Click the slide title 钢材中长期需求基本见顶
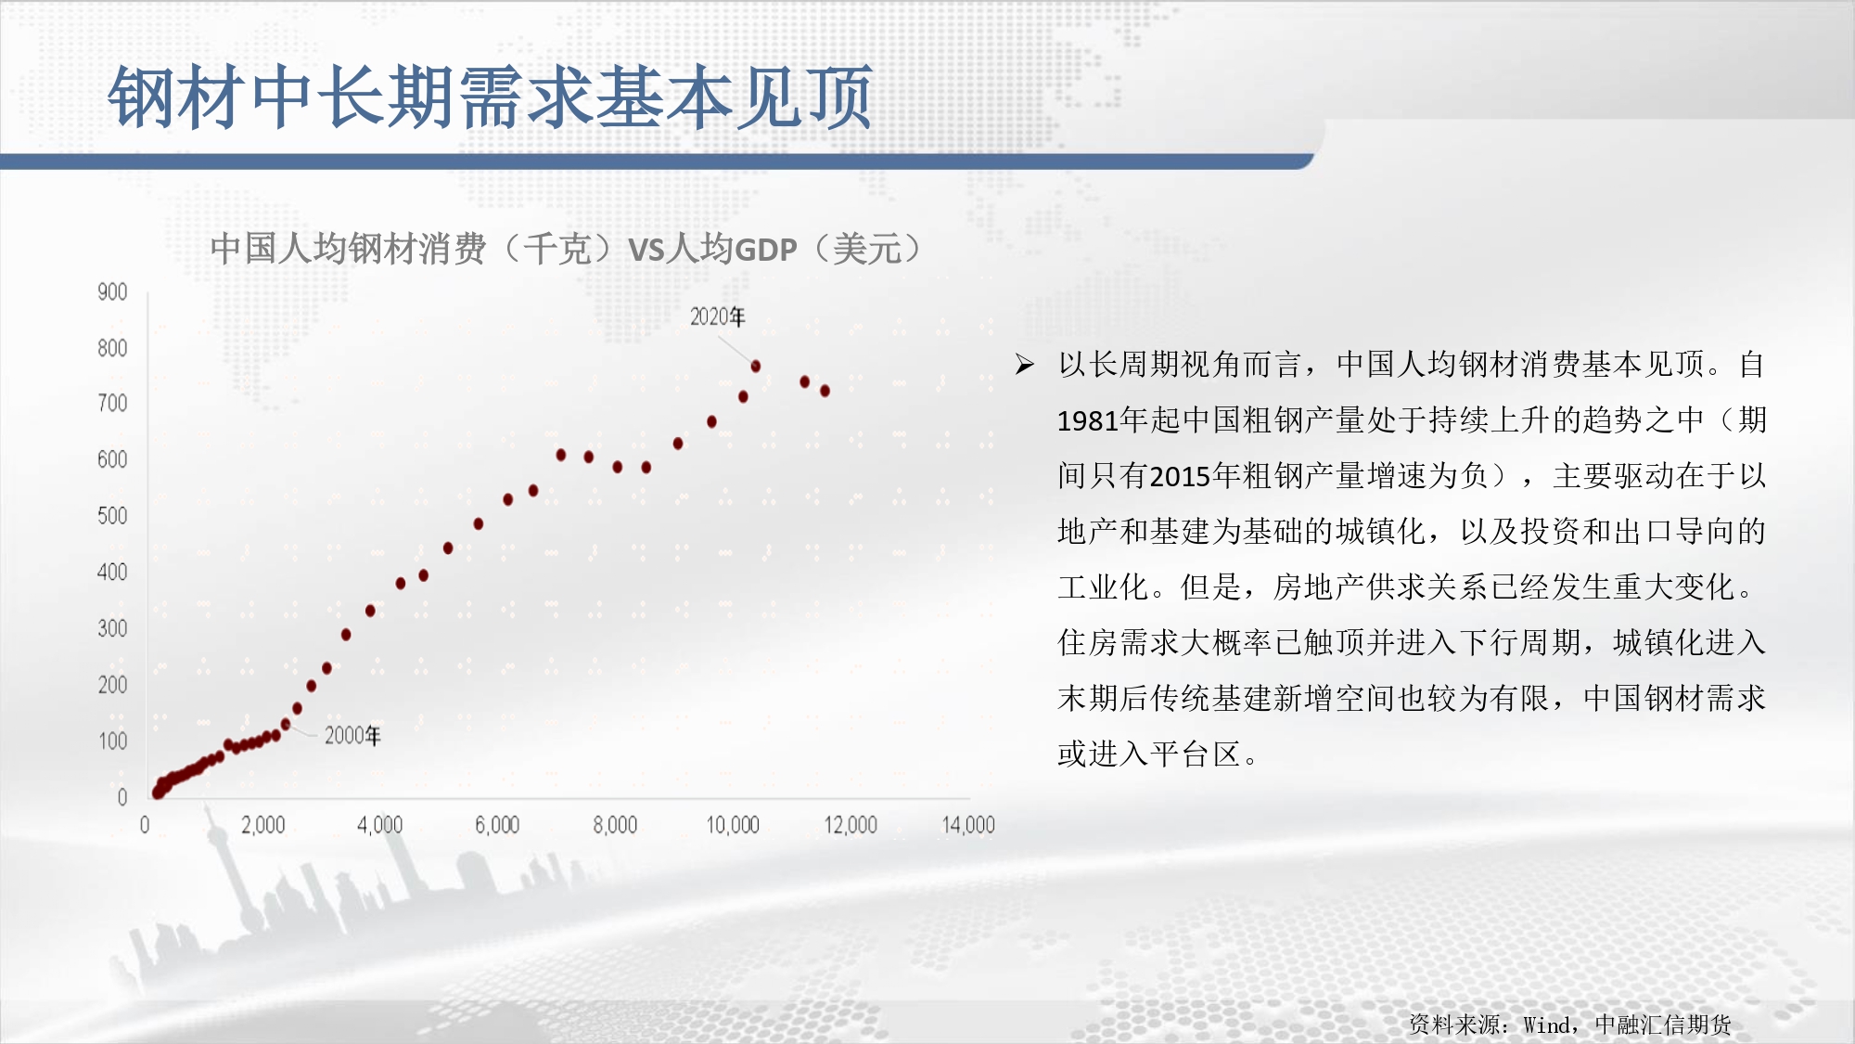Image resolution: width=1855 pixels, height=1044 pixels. pyautogui.click(x=490, y=97)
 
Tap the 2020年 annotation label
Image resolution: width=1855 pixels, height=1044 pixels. pyautogui.click(x=717, y=316)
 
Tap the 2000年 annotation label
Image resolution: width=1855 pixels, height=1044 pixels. pyautogui.click(x=352, y=736)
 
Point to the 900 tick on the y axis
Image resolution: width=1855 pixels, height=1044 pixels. pyautogui.click(x=112, y=292)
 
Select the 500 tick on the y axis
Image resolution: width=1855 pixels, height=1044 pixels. pyautogui.click(x=112, y=516)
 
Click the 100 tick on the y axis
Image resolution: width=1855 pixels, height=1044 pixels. pyautogui.click(x=113, y=741)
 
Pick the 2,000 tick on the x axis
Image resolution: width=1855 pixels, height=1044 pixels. pyautogui.click(x=263, y=825)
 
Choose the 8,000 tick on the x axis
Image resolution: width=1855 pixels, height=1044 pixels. pyautogui.click(x=615, y=825)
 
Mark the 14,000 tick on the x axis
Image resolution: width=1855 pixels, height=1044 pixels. pyautogui.click(x=968, y=825)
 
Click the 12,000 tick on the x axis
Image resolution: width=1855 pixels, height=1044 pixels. pyautogui.click(x=851, y=825)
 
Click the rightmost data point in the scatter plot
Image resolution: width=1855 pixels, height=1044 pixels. pyautogui.click(x=825, y=391)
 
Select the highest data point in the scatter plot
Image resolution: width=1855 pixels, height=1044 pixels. pyautogui.click(x=756, y=367)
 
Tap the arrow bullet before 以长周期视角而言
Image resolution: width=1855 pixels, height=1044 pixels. pyautogui.click(x=1025, y=364)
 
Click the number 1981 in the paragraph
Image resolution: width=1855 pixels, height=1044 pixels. pyautogui.click(x=1088, y=421)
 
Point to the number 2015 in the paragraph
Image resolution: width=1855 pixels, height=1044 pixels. pyautogui.click(x=1180, y=477)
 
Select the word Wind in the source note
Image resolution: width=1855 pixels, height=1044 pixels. pyautogui.click(x=1546, y=1025)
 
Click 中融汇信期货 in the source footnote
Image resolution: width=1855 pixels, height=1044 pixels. pyautogui.click(x=1663, y=1025)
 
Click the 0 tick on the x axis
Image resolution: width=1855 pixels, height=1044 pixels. pyautogui.click(x=145, y=825)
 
